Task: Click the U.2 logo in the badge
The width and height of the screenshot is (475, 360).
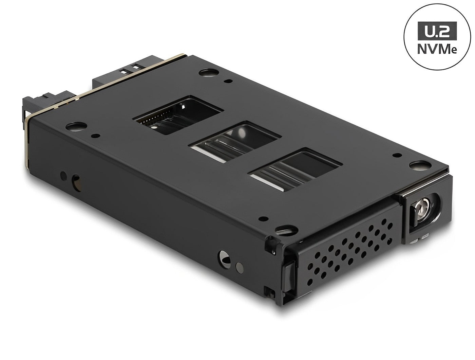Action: pos(437,31)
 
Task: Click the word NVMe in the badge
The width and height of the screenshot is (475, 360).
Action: pos(437,49)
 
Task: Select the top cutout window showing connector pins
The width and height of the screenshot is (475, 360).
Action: pos(178,115)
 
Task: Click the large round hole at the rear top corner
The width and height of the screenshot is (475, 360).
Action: pos(209,72)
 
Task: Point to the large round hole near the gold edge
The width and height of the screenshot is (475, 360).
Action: pos(76,126)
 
